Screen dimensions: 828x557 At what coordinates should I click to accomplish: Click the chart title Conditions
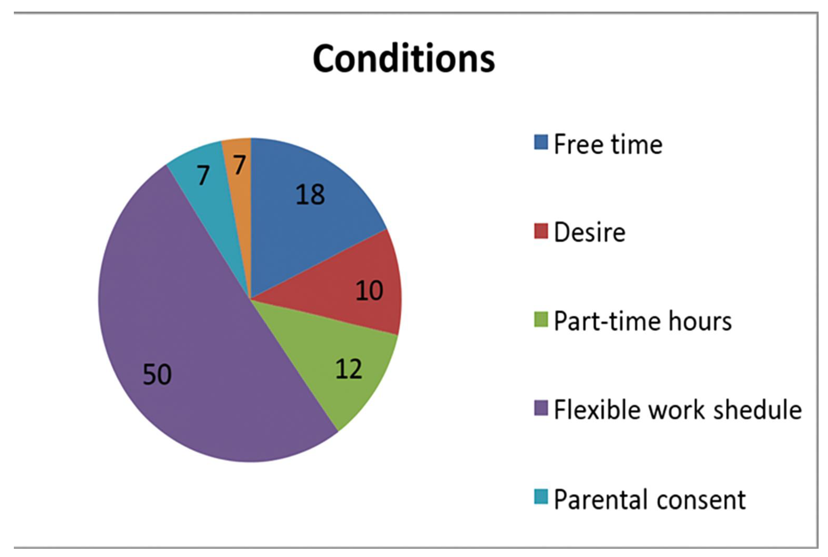404,59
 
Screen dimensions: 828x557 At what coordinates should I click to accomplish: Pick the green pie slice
337,359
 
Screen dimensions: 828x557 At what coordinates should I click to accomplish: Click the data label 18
310,195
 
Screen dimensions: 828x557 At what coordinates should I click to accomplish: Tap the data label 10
369,290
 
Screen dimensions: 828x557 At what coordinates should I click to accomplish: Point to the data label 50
157,374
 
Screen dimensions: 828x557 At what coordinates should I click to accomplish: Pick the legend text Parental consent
650,499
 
